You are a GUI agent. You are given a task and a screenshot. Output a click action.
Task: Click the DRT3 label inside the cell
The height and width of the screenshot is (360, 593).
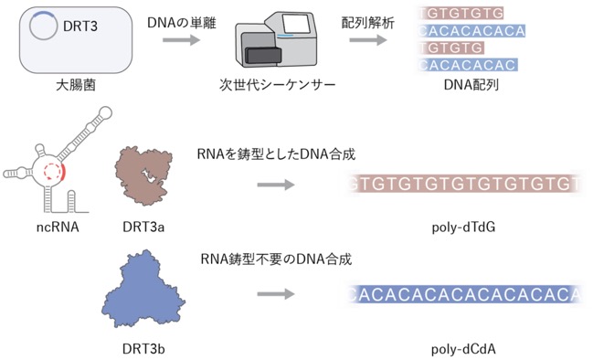click(x=80, y=26)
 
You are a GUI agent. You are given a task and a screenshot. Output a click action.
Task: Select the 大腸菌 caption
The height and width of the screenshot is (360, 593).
click(x=76, y=85)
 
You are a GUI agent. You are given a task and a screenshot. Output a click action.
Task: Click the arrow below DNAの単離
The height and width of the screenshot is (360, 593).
click(x=181, y=39)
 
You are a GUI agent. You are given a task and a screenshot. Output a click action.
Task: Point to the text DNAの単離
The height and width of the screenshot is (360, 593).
click(x=182, y=23)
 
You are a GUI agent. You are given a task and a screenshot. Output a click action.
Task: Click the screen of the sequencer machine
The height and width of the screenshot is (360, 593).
click(x=294, y=24)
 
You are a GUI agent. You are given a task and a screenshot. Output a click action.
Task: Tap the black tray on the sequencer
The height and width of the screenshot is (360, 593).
click(x=263, y=56)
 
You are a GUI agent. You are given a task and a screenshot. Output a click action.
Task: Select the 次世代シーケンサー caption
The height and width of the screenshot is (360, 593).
click(x=277, y=85)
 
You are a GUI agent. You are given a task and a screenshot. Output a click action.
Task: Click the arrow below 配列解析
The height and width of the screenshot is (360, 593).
click(x=368, y=39)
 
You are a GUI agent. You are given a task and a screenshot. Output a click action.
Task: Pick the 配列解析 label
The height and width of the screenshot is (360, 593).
click(x=367, y=23)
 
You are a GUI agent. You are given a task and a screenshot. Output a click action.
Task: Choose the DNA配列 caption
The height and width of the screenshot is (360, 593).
click(x=471, y=85)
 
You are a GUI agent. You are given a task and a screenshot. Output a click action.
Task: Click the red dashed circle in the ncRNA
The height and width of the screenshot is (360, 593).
click(x=52, y=171)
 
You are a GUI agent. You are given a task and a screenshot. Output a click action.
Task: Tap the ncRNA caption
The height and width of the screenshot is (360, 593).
click(x=58, y=227)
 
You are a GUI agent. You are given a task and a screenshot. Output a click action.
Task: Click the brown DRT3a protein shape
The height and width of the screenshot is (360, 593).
click(x=143, y=175)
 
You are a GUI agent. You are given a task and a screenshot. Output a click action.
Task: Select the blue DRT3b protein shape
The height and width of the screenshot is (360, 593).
click(x=143, y=290)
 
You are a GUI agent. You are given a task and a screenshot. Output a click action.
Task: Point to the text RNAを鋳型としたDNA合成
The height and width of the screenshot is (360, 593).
click(x=276, y=154)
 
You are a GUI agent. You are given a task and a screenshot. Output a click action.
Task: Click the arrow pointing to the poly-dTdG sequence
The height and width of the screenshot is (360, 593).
click(x=276, y=185)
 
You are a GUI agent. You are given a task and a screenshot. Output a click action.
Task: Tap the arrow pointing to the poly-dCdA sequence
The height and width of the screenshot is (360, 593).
click(x=276, y=294)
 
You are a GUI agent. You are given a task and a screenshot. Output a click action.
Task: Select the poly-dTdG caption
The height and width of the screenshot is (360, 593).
click(x=463, y=228)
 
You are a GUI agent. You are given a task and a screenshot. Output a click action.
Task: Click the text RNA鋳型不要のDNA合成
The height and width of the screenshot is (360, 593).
click(x=276, y=259)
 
